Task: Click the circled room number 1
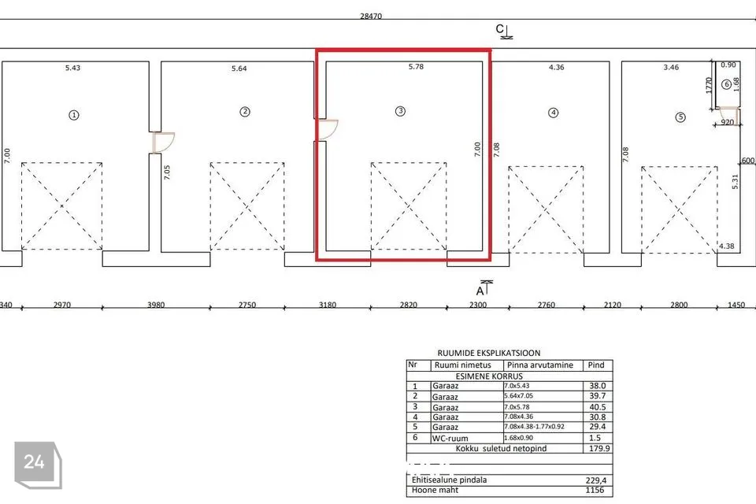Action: coord(74,114)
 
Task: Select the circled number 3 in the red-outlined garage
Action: coord(400,112)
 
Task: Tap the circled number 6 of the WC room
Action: coord(725,84)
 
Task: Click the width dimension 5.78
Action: coord(416,68)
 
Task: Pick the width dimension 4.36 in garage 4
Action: coord(556,68)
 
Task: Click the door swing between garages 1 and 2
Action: coord(164,143)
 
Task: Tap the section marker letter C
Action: coord(499,29)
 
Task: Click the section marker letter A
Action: coord(481,290)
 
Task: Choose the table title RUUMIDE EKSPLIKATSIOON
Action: coord(488,354)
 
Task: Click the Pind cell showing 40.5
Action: coord(598,407)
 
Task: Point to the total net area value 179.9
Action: coord(598,447)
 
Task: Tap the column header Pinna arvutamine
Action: coord(541,365)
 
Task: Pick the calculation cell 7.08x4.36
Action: coord(521,417)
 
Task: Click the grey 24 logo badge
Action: coord(35,462)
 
